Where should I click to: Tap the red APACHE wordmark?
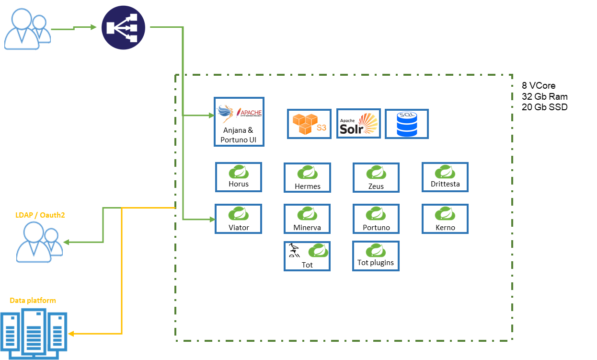[251, 113]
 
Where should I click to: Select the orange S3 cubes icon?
[306, 124]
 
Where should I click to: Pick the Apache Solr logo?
[359, 124]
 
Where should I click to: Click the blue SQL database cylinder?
[407, 124]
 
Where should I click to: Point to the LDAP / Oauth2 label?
[40, 215]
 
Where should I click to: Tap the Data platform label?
[33, 301]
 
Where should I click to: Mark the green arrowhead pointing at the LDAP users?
[66, 242]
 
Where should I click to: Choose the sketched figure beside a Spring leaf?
[294, 251]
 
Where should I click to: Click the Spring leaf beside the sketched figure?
[319, 250]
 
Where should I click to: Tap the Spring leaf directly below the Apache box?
[239, 172]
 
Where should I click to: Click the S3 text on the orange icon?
[321, 128]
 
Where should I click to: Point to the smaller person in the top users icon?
[40, 28]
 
